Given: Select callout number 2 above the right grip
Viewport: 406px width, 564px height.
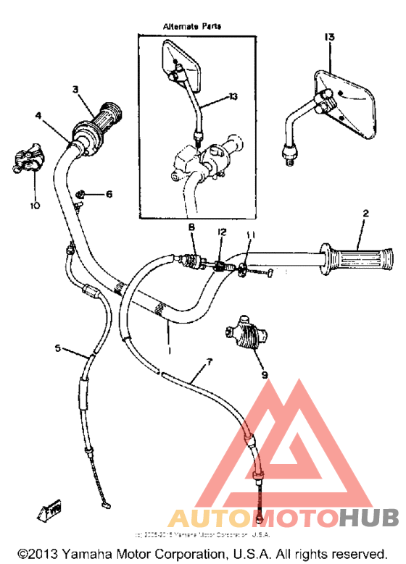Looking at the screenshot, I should click(x=365, y=214).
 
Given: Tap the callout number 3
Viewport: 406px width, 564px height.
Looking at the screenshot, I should click(x=75, y=89).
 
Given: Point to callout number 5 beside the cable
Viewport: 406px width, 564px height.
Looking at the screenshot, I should click(x=58, y=349).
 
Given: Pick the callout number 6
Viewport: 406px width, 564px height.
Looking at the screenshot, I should click(x=109, y=194).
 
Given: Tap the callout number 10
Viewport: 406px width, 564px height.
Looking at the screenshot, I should click(x=33, y=206).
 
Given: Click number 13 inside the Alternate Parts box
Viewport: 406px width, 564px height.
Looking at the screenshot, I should click(x=233, y=96).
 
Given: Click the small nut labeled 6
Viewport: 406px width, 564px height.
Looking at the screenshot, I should click(x=83, y=193).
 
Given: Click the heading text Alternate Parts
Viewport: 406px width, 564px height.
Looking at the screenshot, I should click(x=191, y=25).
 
